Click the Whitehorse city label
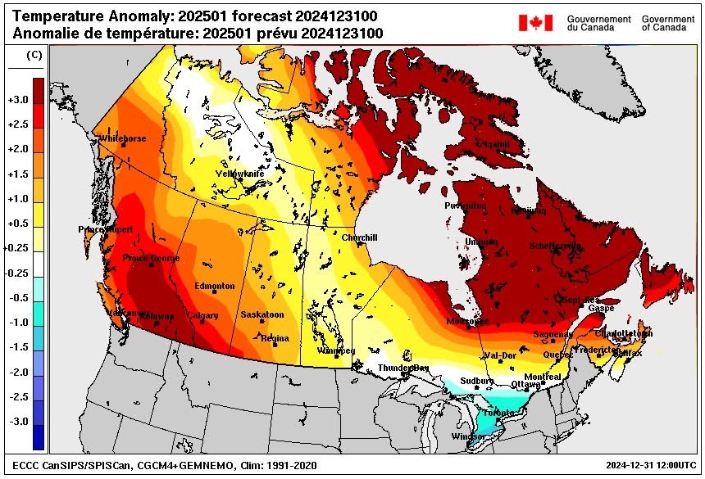coord(122,139)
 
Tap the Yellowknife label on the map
coord(239,174)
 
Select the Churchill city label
coord(359,237)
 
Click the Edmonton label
coord(215,286)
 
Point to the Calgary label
coord(202,315)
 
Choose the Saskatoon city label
coord(262,314)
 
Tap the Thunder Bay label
coord(403,368)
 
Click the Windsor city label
coord(467,436)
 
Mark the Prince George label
coord(150,258)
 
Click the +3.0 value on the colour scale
coord(18,100)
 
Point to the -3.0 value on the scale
coord(18,421)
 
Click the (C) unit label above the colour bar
coord(34,55)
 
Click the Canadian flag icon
coord(535,22)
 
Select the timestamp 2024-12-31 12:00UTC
coord(648,466)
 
